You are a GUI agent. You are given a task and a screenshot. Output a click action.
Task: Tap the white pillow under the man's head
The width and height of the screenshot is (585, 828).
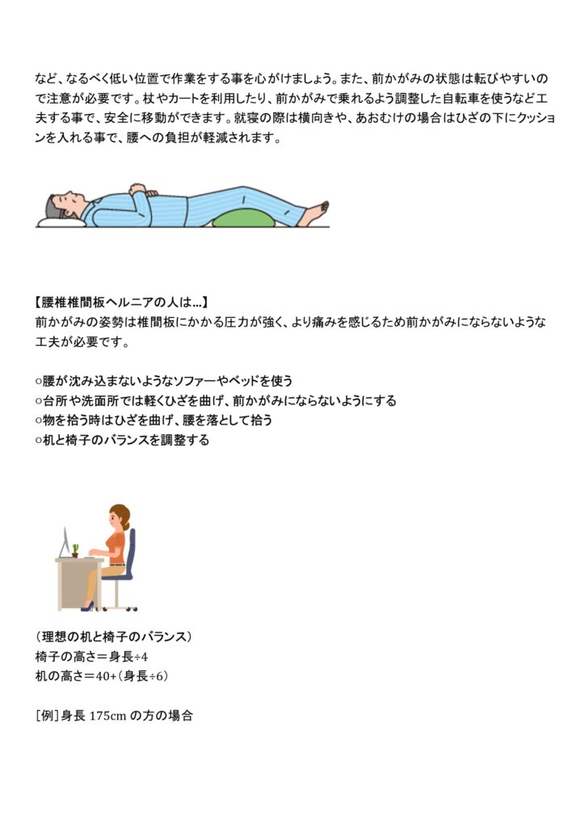tap(61, 222)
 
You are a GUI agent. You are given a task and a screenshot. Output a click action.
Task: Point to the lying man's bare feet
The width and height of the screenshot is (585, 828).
tap(319, 212)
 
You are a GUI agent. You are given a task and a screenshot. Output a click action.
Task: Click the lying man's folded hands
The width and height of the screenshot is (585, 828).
tap(140, 189)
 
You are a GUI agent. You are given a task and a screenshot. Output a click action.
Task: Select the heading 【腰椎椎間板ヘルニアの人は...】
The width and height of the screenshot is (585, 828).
tap(121, 302)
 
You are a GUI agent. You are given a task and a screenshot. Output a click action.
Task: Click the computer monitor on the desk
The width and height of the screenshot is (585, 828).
tap(65, 543)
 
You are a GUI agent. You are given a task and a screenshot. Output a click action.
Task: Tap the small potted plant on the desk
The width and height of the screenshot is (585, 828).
tap(75, 550)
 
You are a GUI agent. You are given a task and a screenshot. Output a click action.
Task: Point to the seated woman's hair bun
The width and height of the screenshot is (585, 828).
tap(127, 526)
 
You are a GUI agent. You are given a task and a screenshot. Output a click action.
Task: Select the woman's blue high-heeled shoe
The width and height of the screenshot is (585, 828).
tap(87, 606)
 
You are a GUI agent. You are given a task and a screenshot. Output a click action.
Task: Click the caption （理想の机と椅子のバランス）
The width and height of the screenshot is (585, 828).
tap(113, 637)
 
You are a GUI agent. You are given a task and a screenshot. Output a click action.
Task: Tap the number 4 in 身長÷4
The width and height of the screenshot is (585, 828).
tap(145, 657)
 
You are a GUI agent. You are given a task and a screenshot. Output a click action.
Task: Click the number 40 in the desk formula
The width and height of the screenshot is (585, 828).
tap(103, 677)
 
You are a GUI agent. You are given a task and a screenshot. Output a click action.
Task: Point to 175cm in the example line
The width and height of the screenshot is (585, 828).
tap(108, 716)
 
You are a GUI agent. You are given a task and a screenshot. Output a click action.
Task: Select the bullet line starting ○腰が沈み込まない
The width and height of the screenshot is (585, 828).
tap(163, 381)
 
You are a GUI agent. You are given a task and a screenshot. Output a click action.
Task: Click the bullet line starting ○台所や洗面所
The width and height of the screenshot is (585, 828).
tap(215, 401)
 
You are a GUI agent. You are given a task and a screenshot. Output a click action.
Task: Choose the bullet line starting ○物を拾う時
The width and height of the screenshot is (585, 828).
tap(154, 420)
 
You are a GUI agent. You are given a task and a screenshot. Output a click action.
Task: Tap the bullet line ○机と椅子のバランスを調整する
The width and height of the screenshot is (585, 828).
tap(122, 440)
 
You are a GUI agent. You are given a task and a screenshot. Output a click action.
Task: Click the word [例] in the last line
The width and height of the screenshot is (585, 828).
tap(47, 716)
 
